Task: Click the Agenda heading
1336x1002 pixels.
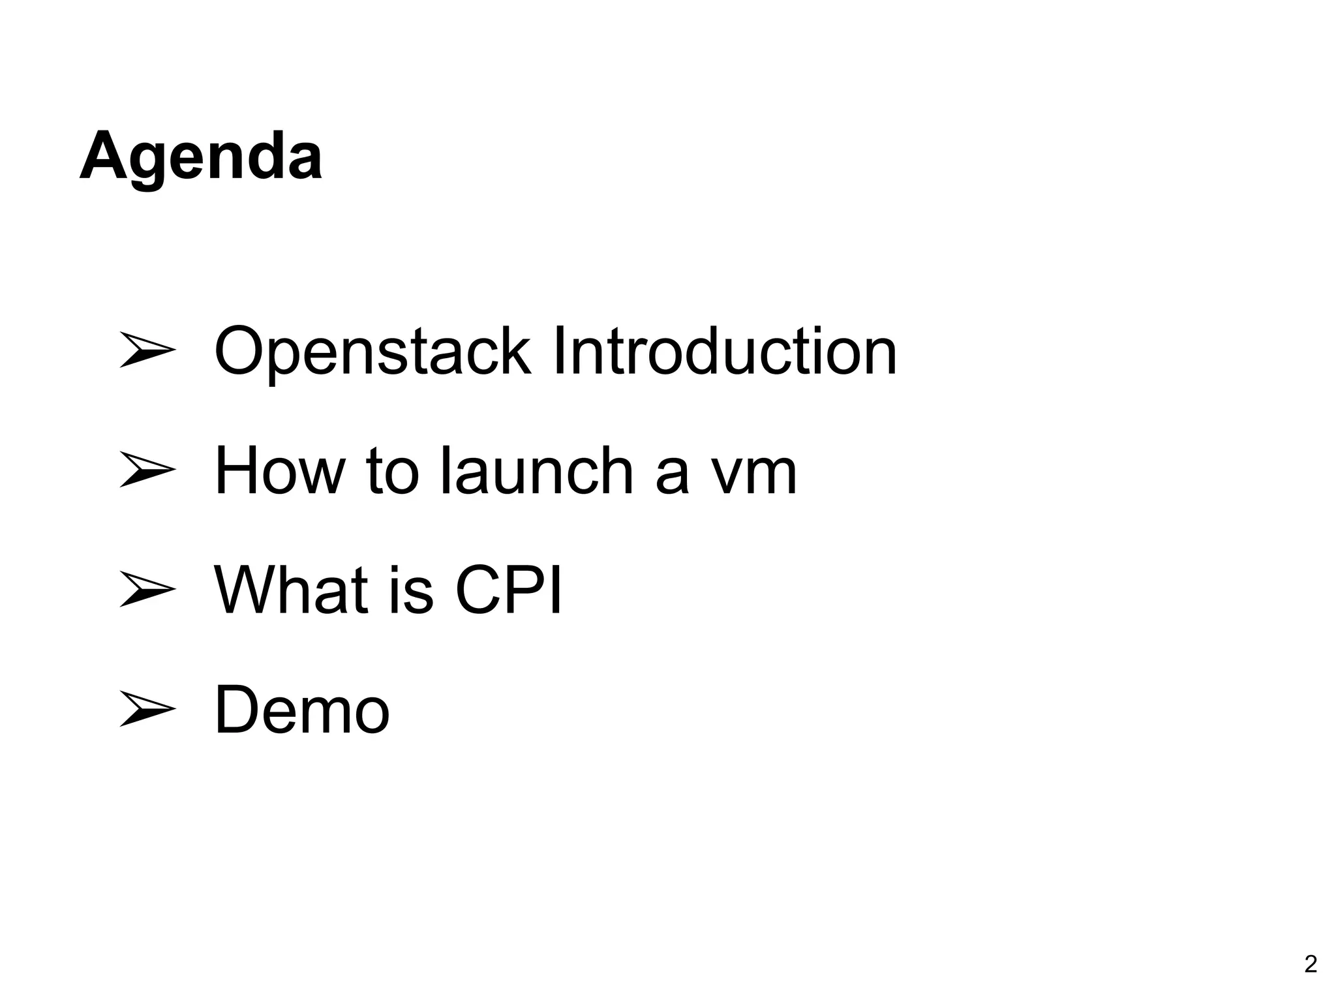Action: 201,157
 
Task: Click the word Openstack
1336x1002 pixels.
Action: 372,352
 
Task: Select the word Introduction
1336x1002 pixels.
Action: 724,352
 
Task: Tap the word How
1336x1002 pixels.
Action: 280,471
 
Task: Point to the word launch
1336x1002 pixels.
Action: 536,471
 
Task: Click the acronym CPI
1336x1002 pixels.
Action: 508,590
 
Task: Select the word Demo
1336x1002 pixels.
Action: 302,710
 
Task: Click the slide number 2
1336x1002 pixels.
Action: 1311,964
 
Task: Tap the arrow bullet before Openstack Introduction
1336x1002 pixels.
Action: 148,350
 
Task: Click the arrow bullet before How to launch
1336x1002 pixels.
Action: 148,470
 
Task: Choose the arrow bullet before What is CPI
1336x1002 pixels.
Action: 148,589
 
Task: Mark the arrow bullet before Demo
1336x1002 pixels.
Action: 148,709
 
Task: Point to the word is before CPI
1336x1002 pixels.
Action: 412,591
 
